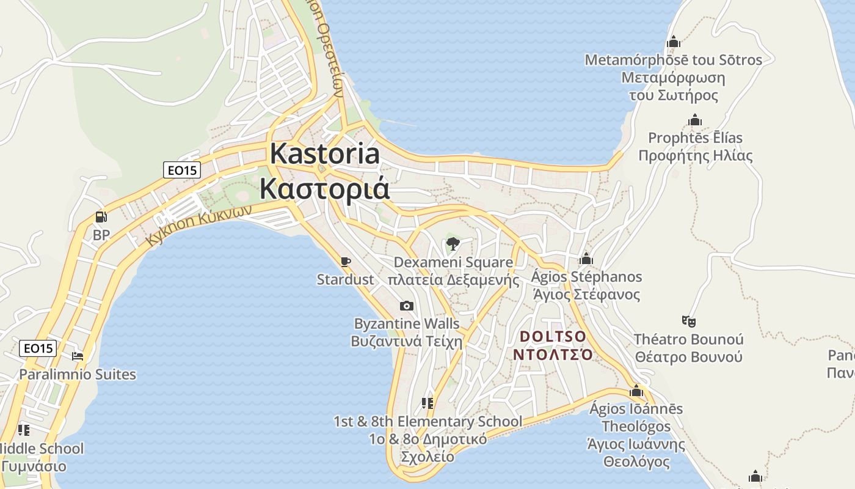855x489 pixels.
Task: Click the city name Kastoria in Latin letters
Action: [x=324, y=153]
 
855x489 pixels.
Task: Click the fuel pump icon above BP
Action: [x=101, y=217]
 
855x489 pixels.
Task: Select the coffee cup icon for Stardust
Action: [x=345, y=262]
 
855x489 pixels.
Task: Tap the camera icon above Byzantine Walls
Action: [x=406, y=306]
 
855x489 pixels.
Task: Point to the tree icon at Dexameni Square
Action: [x=453, y=244]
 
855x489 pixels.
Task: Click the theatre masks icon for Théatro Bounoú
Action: [x=688, y=321]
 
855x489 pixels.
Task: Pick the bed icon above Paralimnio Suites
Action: [x=77, y=356]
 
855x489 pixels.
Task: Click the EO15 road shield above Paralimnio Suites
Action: [x=38, y=348]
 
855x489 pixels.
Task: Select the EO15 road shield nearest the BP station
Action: [x=182, y=170]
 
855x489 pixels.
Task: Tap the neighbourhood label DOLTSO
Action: [x=553, y=337]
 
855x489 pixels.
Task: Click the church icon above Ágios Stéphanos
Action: [x=586, y=259]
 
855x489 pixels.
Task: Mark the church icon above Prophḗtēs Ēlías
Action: [x=694, y=120]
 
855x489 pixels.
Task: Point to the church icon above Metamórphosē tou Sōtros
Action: [x=674, y=42]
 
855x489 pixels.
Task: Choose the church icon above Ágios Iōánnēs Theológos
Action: [x=636, y=391]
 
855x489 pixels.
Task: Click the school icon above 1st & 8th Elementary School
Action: [x=428, y=403]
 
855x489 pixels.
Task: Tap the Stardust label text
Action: [x=345, y=280]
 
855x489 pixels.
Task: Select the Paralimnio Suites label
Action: [x=78, y=374]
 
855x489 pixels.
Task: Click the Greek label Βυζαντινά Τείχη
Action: [x=407, y=342]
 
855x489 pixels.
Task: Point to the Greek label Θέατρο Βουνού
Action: [x=688, y=357]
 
